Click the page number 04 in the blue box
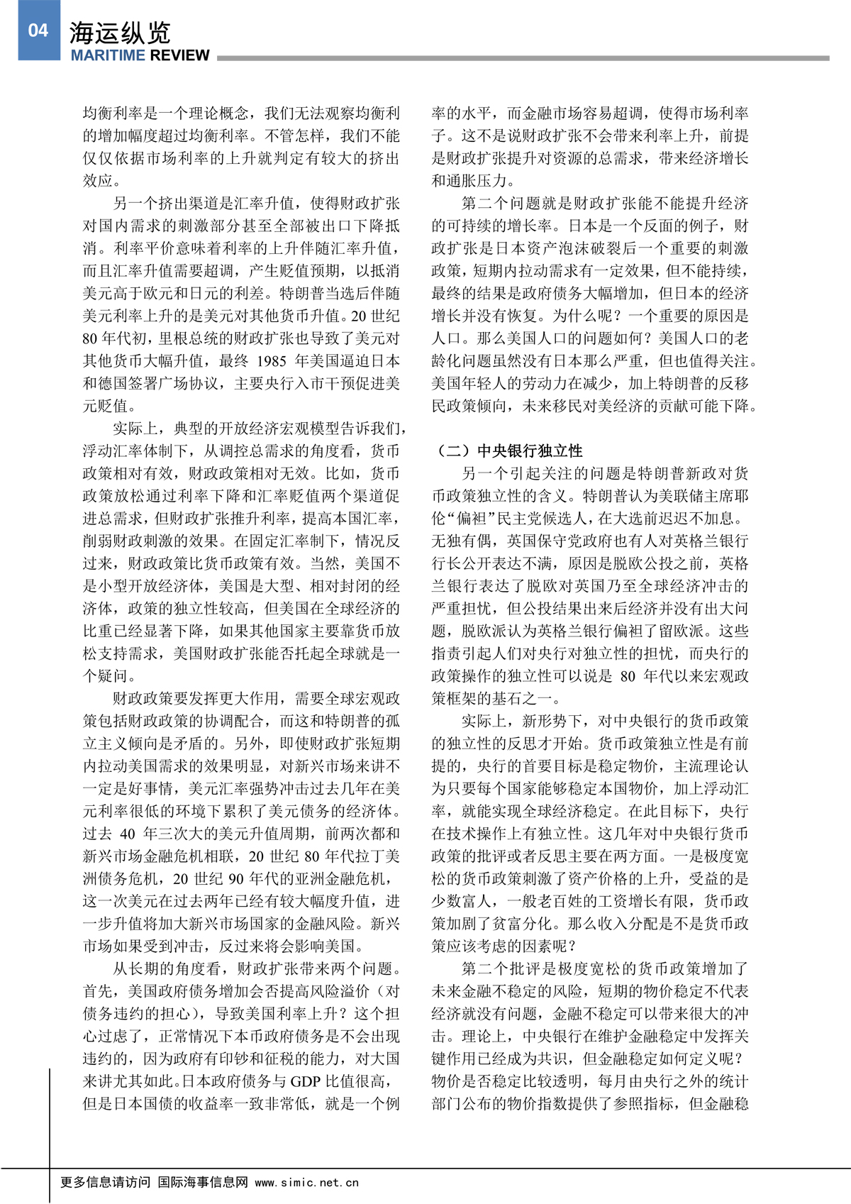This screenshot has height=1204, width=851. [38, 30]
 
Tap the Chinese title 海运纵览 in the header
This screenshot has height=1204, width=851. [120, 33]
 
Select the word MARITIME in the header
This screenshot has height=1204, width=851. [108, 55]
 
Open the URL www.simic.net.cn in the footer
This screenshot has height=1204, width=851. [306, 1182]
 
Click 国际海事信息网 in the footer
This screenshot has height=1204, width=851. [203, 1182]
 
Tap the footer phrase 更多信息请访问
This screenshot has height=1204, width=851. [105, 1182]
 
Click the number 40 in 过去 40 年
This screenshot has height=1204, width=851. [128, 834]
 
